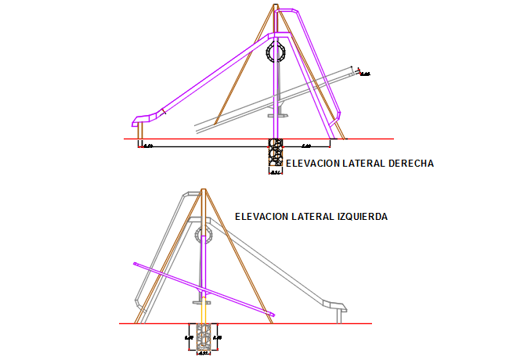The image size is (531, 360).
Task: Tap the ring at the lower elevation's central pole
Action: pos(204,234)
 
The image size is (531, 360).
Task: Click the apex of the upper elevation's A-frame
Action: pos(276,6)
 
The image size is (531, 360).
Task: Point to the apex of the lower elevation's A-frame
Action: pos(204,190)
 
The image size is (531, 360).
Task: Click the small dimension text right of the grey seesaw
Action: pos(364,74)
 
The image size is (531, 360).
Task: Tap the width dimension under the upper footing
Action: pos(275,172)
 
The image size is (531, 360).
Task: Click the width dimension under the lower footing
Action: pos(203,354)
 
